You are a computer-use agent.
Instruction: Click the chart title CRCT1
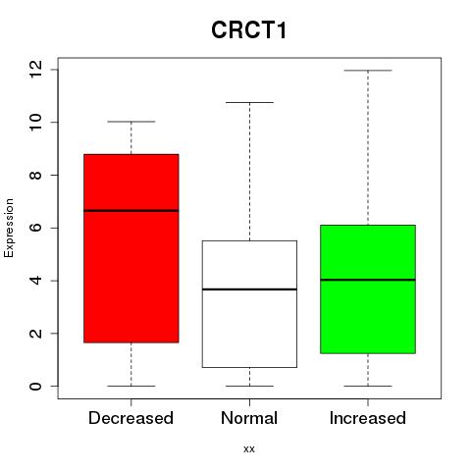249,30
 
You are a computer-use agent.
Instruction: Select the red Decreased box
131,248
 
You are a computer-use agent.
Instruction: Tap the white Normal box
249,304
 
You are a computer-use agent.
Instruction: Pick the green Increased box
368,289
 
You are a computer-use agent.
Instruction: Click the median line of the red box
131,211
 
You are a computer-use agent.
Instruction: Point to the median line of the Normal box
249,289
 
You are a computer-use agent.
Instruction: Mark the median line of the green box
368,280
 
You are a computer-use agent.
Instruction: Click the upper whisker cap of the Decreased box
131,122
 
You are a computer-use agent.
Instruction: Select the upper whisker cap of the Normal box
249,102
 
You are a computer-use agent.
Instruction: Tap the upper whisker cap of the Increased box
368,71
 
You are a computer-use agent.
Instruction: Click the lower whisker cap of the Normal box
249,386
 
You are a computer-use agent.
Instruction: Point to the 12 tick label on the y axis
36,70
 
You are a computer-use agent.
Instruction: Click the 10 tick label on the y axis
36,123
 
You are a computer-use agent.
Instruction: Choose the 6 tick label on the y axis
36,228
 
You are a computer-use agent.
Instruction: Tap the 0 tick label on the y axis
36,386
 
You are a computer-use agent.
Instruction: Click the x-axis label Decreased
131,418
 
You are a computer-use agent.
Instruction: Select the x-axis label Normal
249,418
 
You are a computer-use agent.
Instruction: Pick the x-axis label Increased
368,418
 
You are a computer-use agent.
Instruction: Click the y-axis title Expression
9,228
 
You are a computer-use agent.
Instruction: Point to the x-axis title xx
249,449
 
